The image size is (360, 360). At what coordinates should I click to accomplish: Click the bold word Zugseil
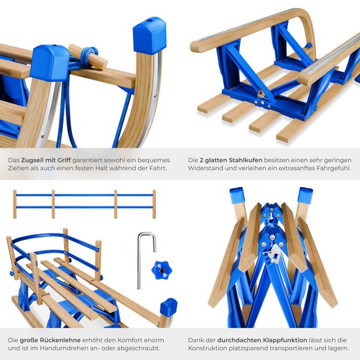32,160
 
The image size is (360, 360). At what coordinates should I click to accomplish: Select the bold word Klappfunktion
285,340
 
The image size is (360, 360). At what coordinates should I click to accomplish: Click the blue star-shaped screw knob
161,270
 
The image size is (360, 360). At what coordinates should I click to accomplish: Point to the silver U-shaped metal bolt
146,260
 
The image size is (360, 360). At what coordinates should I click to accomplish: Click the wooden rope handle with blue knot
88,57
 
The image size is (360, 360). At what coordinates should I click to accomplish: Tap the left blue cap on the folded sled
236,196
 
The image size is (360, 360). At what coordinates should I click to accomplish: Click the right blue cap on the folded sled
305,195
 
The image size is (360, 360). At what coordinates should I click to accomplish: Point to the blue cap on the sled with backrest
169,306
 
